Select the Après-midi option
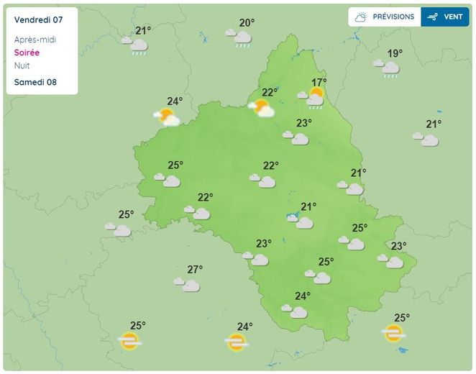tap(35, 40)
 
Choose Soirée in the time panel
tap(27, 53)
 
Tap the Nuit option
tap(22, 65)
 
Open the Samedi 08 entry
tap(35, 82)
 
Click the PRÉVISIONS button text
tap(393, 17)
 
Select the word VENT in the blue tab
tap(452, 17)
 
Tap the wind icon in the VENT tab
tap(433, 17)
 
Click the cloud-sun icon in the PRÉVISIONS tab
tap(362, 17)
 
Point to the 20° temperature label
tap(247, 23)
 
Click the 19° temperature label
tap(395, 53)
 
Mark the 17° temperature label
tap(319, 82)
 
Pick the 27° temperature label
tap(195, 270)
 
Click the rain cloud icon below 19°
tap(389, 68)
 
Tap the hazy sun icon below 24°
tap(236, 342)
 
